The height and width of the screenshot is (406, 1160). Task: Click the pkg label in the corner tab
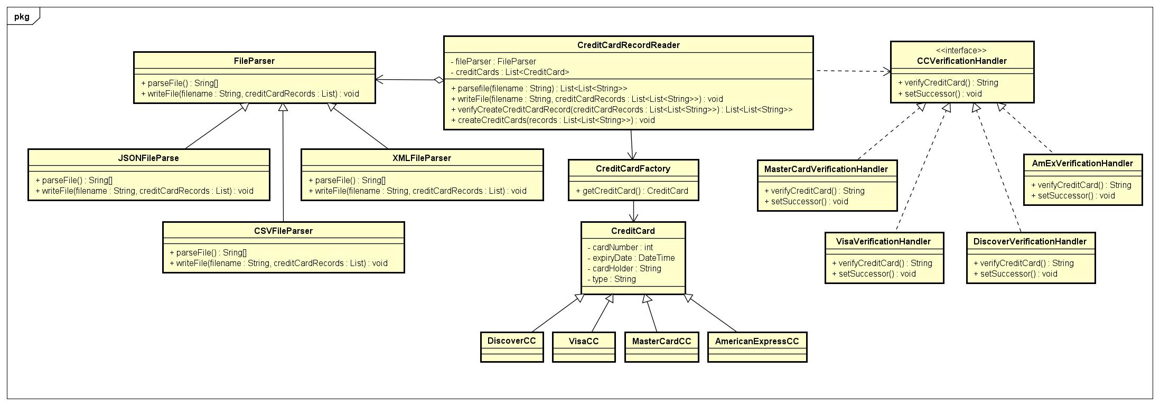tap(22, 16)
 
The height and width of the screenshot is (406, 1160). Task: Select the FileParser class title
tap(254, 61)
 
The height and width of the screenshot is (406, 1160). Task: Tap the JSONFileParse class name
tap(148, 158)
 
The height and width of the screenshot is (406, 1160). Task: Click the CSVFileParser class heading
tap(283, 231)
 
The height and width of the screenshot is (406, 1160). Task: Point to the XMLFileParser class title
tap(422, 158)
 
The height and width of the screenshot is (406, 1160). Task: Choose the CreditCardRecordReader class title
tap(628, 45)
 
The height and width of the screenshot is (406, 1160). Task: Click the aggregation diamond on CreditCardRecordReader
tap(438, 80)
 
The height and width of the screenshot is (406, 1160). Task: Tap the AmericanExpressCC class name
tap(756, 342)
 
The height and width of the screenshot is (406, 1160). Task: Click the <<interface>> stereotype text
tap(961, 51)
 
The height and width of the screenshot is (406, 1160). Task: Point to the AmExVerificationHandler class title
tap(1082, 164)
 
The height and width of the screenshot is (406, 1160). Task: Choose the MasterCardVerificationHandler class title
tap(826, 169)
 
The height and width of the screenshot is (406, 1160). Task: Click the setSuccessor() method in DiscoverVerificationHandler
tap(1018, 274)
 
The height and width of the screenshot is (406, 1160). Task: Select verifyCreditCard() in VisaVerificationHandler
tap(882, 263)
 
